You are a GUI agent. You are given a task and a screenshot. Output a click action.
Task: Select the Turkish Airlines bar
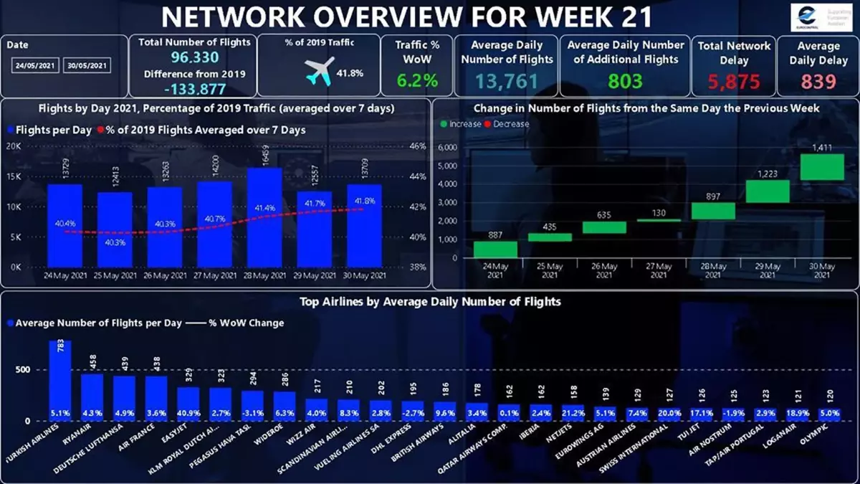(x=59, y=381)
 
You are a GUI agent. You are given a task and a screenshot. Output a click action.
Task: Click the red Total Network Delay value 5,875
(x=733, y=82)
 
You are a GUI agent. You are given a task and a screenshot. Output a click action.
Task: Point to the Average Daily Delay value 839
(x=818, y=82)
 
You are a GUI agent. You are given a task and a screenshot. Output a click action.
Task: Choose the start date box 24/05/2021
(x=35, y=66)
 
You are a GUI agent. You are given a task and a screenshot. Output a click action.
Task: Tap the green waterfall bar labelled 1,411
(x=821, y=166)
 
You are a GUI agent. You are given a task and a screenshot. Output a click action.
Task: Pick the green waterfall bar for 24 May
(x=495, y=249)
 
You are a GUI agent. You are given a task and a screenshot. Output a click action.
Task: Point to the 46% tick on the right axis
(x=417, y=146)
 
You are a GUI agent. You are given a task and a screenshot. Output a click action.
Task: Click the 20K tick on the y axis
(x=13, y=146)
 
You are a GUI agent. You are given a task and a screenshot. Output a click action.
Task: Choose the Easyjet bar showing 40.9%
(x=188, y=404)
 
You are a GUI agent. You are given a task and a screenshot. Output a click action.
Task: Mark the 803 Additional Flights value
(x=625, y=80)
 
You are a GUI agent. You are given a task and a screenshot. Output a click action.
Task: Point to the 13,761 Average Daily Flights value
(x=507, y=81)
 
